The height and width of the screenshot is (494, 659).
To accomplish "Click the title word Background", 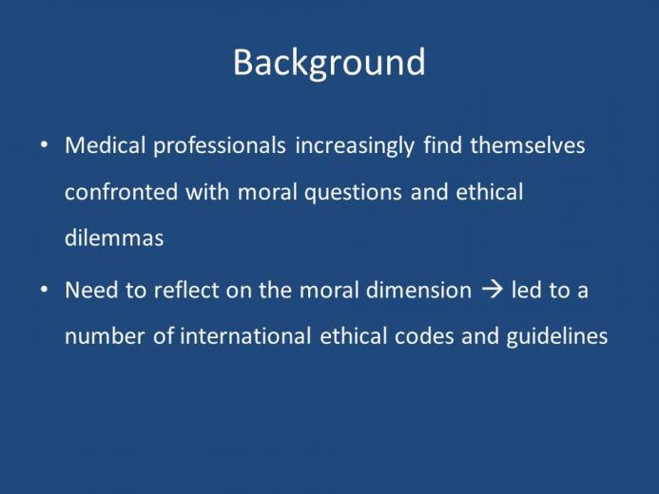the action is [329, 63].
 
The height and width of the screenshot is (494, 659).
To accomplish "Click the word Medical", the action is [105, 145].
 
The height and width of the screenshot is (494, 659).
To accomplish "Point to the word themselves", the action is [528, 145].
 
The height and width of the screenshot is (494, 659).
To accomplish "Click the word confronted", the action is [121, 192].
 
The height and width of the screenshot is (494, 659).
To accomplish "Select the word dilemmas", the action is [114, 238].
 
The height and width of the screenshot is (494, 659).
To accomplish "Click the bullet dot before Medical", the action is [44, 144].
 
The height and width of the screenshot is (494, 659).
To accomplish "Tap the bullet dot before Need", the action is [44, 290].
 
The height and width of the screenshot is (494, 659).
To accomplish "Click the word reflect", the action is [186, 290].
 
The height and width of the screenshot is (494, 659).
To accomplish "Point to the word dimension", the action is [418, 290].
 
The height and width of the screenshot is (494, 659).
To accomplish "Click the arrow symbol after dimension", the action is [492, 290].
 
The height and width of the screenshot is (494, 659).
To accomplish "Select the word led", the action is [525, 290].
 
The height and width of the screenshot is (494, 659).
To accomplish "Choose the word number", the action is [105, 336].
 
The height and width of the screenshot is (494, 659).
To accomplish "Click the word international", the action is [245, 336].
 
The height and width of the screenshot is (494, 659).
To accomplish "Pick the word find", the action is [442, 145].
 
